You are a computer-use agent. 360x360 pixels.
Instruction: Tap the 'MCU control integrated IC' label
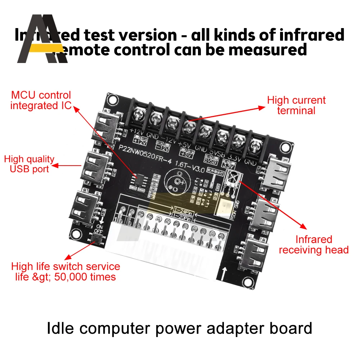pos(41,100)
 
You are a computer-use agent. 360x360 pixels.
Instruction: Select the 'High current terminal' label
pos(296,105)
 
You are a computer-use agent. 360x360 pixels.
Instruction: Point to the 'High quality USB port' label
pos(29,164)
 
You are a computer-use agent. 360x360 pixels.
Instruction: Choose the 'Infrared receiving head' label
pos(314,244)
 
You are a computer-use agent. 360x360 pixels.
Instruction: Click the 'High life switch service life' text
pos(66,271)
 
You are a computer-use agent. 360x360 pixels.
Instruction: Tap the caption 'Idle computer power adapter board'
pos(180,328)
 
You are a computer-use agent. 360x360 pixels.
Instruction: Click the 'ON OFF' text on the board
pos(98,229)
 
